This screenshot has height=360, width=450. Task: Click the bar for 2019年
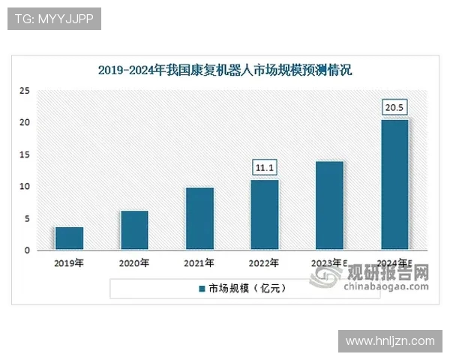[x=69, y=238]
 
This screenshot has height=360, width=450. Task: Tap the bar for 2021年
[x=199, y=218]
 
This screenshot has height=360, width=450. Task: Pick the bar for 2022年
[x=264, y=214]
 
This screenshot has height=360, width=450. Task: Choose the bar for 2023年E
[x=329, y=205]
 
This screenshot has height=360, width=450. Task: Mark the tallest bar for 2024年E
[x=394, y=184]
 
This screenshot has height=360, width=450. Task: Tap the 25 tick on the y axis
[x=25, y=91]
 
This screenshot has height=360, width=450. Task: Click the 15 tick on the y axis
[x=25, y=154]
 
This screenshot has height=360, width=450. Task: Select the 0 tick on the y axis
[x=27, y=250]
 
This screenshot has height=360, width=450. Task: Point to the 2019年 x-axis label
[x=69, y=263]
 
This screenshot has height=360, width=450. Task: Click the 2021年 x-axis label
[x=199, y=263]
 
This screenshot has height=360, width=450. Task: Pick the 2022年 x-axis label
[x=264, y=263]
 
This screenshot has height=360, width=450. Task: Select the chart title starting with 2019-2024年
[x=225, y=71]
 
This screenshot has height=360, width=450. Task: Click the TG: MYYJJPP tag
[x=54, y=19]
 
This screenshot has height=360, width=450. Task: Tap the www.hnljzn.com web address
[x=390, y=341]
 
